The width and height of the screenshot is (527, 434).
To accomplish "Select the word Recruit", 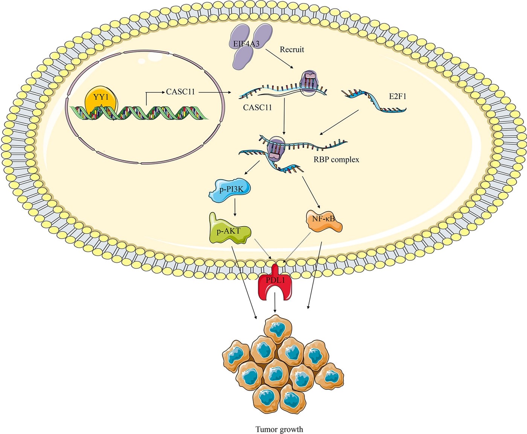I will click(292, 49).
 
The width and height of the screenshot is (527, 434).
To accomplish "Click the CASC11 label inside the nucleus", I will click(180, 92).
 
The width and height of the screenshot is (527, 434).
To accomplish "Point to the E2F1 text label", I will click(398, 97).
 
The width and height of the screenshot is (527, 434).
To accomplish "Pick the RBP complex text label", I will click(336, 159).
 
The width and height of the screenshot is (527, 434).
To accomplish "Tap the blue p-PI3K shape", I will click(229, 189).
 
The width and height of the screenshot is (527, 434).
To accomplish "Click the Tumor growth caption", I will click(279, 429).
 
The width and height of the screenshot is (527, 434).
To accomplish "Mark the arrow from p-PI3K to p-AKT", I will click(235, 207).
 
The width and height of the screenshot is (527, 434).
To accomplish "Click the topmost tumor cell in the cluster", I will click(278, 328).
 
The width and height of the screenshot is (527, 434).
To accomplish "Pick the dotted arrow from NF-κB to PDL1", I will click(298, 247).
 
